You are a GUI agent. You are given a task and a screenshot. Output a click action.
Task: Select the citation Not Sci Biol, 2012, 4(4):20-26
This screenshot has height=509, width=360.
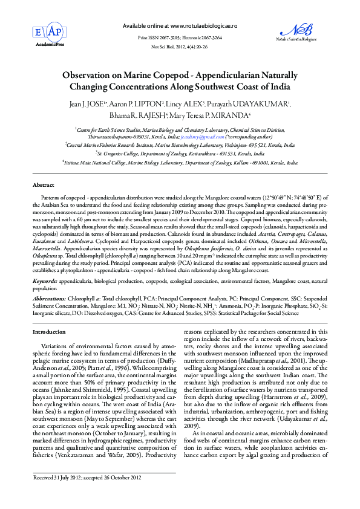tap(179, 47)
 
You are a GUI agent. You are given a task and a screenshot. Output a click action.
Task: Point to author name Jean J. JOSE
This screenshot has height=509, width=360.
tap(88, 104)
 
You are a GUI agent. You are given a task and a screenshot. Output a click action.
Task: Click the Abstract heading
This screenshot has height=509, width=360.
tap(43, 184)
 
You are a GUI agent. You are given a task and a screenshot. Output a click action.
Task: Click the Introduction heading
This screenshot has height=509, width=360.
tap(49, 332)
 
